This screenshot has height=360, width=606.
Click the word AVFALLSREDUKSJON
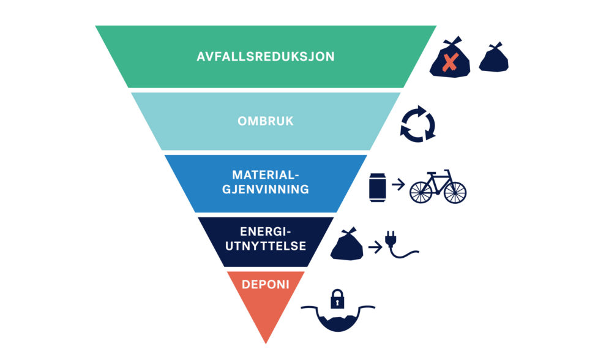pyautogui.click(x=266, y=56)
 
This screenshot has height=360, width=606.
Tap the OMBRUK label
pyautogui.click(x=266, y=121)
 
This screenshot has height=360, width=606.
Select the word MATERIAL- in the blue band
pyautogui.click(x=266, y=174)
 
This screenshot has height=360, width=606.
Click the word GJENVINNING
pyautogui.click(x=266, y=189)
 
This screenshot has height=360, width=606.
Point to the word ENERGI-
pyautogui.click(x=266, y=231)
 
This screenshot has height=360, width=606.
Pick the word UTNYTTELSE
pyautogui.click(x=266, y=246)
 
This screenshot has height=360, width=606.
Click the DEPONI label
pyautogui.click(x=266, y=285)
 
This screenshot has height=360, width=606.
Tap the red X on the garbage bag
pyautogui.click(x=451, y=62)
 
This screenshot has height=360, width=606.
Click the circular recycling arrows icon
pyautogui.click(x=418, y=124)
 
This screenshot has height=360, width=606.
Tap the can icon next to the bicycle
pyautogui.click(x=378, y=187)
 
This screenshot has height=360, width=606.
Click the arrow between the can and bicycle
pyautogui.click(x=398, y=184)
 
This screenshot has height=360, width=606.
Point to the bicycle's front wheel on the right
pyautogui.click(x=455, y=192)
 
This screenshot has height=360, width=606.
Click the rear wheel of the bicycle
pyautogui.click(x=421, y=192)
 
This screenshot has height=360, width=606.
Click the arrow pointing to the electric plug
pyautogui.click(x=375, y=247)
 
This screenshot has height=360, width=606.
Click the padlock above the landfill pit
pyautogui.click(x=337, y=299)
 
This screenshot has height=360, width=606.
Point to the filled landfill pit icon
pyautogui.click(x=338, y=318)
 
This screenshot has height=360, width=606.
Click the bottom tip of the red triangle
pyautogui.click(x=266, y=343)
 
